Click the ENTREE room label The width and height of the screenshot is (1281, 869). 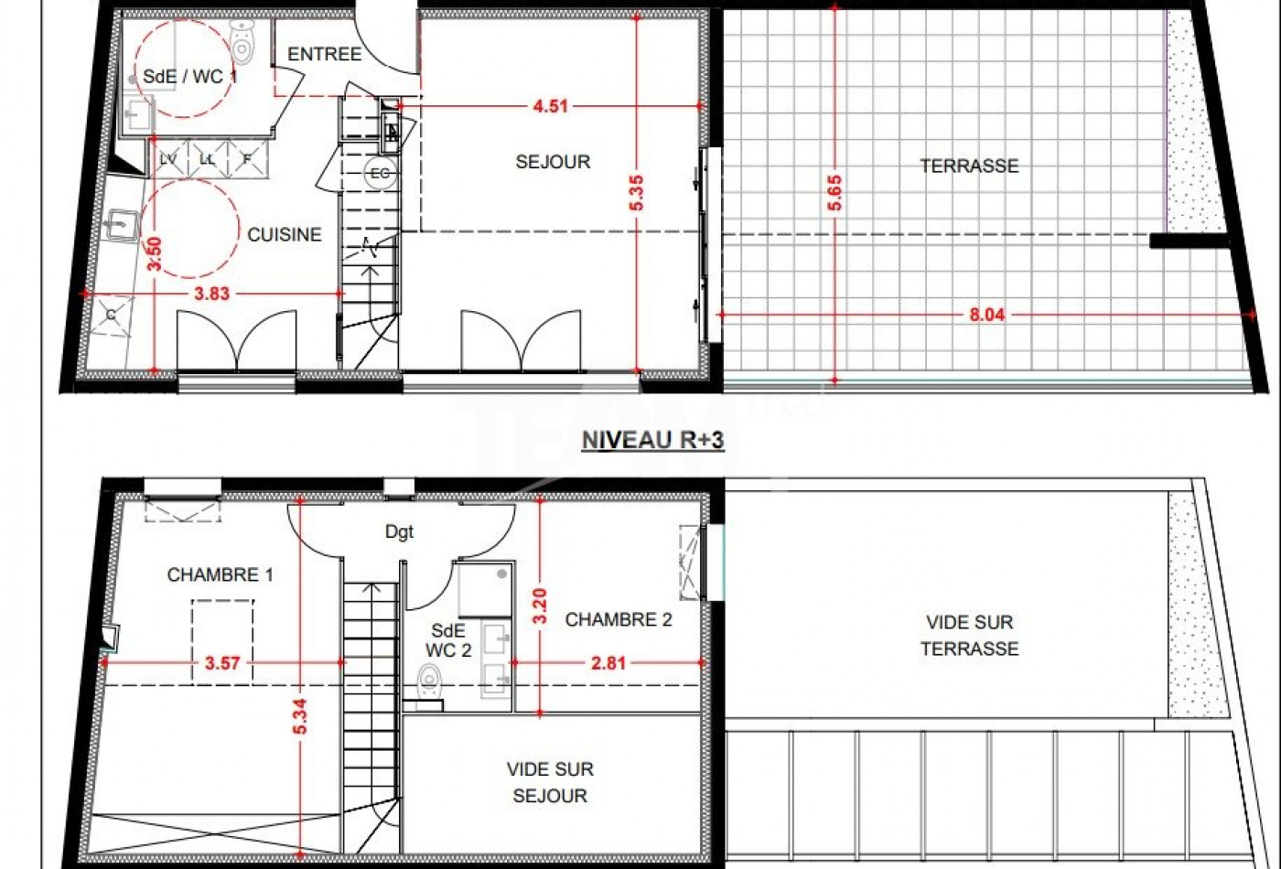click(324, 54)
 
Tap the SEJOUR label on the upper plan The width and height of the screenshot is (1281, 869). click(553, 162)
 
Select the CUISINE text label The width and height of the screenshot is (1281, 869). click(285, 234)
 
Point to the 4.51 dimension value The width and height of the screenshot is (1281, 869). click(550, 106)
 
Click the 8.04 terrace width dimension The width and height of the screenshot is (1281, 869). click(987, 315)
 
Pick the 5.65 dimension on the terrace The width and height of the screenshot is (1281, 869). click(834, 193)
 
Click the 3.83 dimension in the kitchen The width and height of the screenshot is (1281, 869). click(211, 294)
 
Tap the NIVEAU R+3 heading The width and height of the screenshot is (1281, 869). click(653, 440)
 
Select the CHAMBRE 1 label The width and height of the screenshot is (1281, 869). click(221, 574)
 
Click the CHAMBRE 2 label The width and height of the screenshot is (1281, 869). click(619, 620)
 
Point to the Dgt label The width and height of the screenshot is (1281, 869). click(399, 532)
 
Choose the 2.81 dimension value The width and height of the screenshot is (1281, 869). click(608, 663)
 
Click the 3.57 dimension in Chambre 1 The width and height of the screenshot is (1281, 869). click(222, 663)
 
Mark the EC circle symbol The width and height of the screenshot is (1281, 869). click(380, 173)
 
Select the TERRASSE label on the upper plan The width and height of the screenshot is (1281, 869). click(969, 166)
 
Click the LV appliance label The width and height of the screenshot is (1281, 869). click(168, 159)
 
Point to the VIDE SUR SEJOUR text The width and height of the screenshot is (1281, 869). click(550, 782)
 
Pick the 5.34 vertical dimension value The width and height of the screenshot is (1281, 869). click(300, 716)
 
